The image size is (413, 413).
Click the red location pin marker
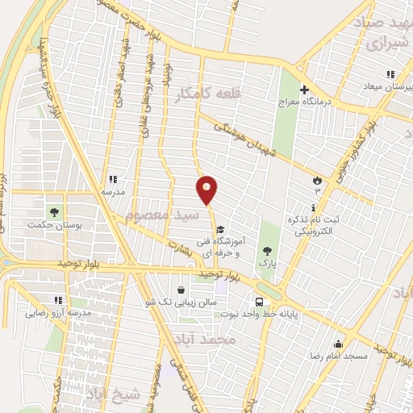206,190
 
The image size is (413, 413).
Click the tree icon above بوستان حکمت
54,212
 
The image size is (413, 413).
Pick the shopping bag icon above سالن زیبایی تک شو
181,290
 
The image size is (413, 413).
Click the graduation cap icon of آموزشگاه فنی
220,228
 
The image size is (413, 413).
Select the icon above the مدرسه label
113,180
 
